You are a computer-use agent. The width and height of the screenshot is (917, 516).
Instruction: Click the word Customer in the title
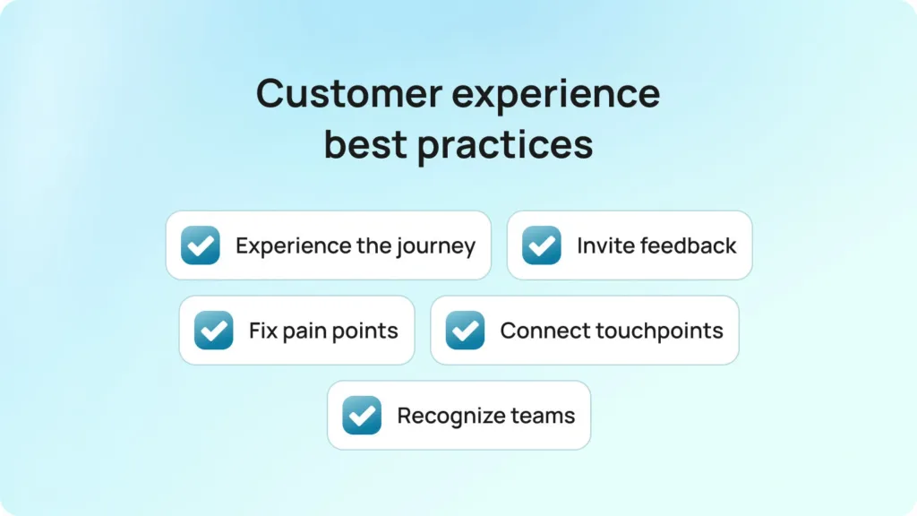tap(349, 93)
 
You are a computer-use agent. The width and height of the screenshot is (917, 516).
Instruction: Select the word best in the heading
tap(365, 144)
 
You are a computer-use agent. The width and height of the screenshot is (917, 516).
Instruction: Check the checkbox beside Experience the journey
tap(200, 245)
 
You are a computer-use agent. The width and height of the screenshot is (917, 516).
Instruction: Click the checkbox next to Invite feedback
tap(542, 245)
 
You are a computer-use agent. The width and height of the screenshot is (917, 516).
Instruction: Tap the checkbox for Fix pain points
tap(213, 330)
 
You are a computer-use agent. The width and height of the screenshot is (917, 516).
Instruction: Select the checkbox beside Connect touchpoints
tap(465, 330)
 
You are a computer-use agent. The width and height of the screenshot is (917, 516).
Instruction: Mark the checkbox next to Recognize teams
tap(362, 415)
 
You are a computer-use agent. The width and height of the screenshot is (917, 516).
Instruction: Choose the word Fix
tap(262, 330)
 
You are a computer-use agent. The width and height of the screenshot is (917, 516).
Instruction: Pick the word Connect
tap(544, 331)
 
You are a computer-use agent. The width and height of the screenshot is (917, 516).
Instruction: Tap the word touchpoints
tap(660, 331)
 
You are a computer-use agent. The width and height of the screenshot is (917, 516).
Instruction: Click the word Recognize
tap(450, 417)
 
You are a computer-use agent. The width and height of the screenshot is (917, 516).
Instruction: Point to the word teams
tap(543, 416)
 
